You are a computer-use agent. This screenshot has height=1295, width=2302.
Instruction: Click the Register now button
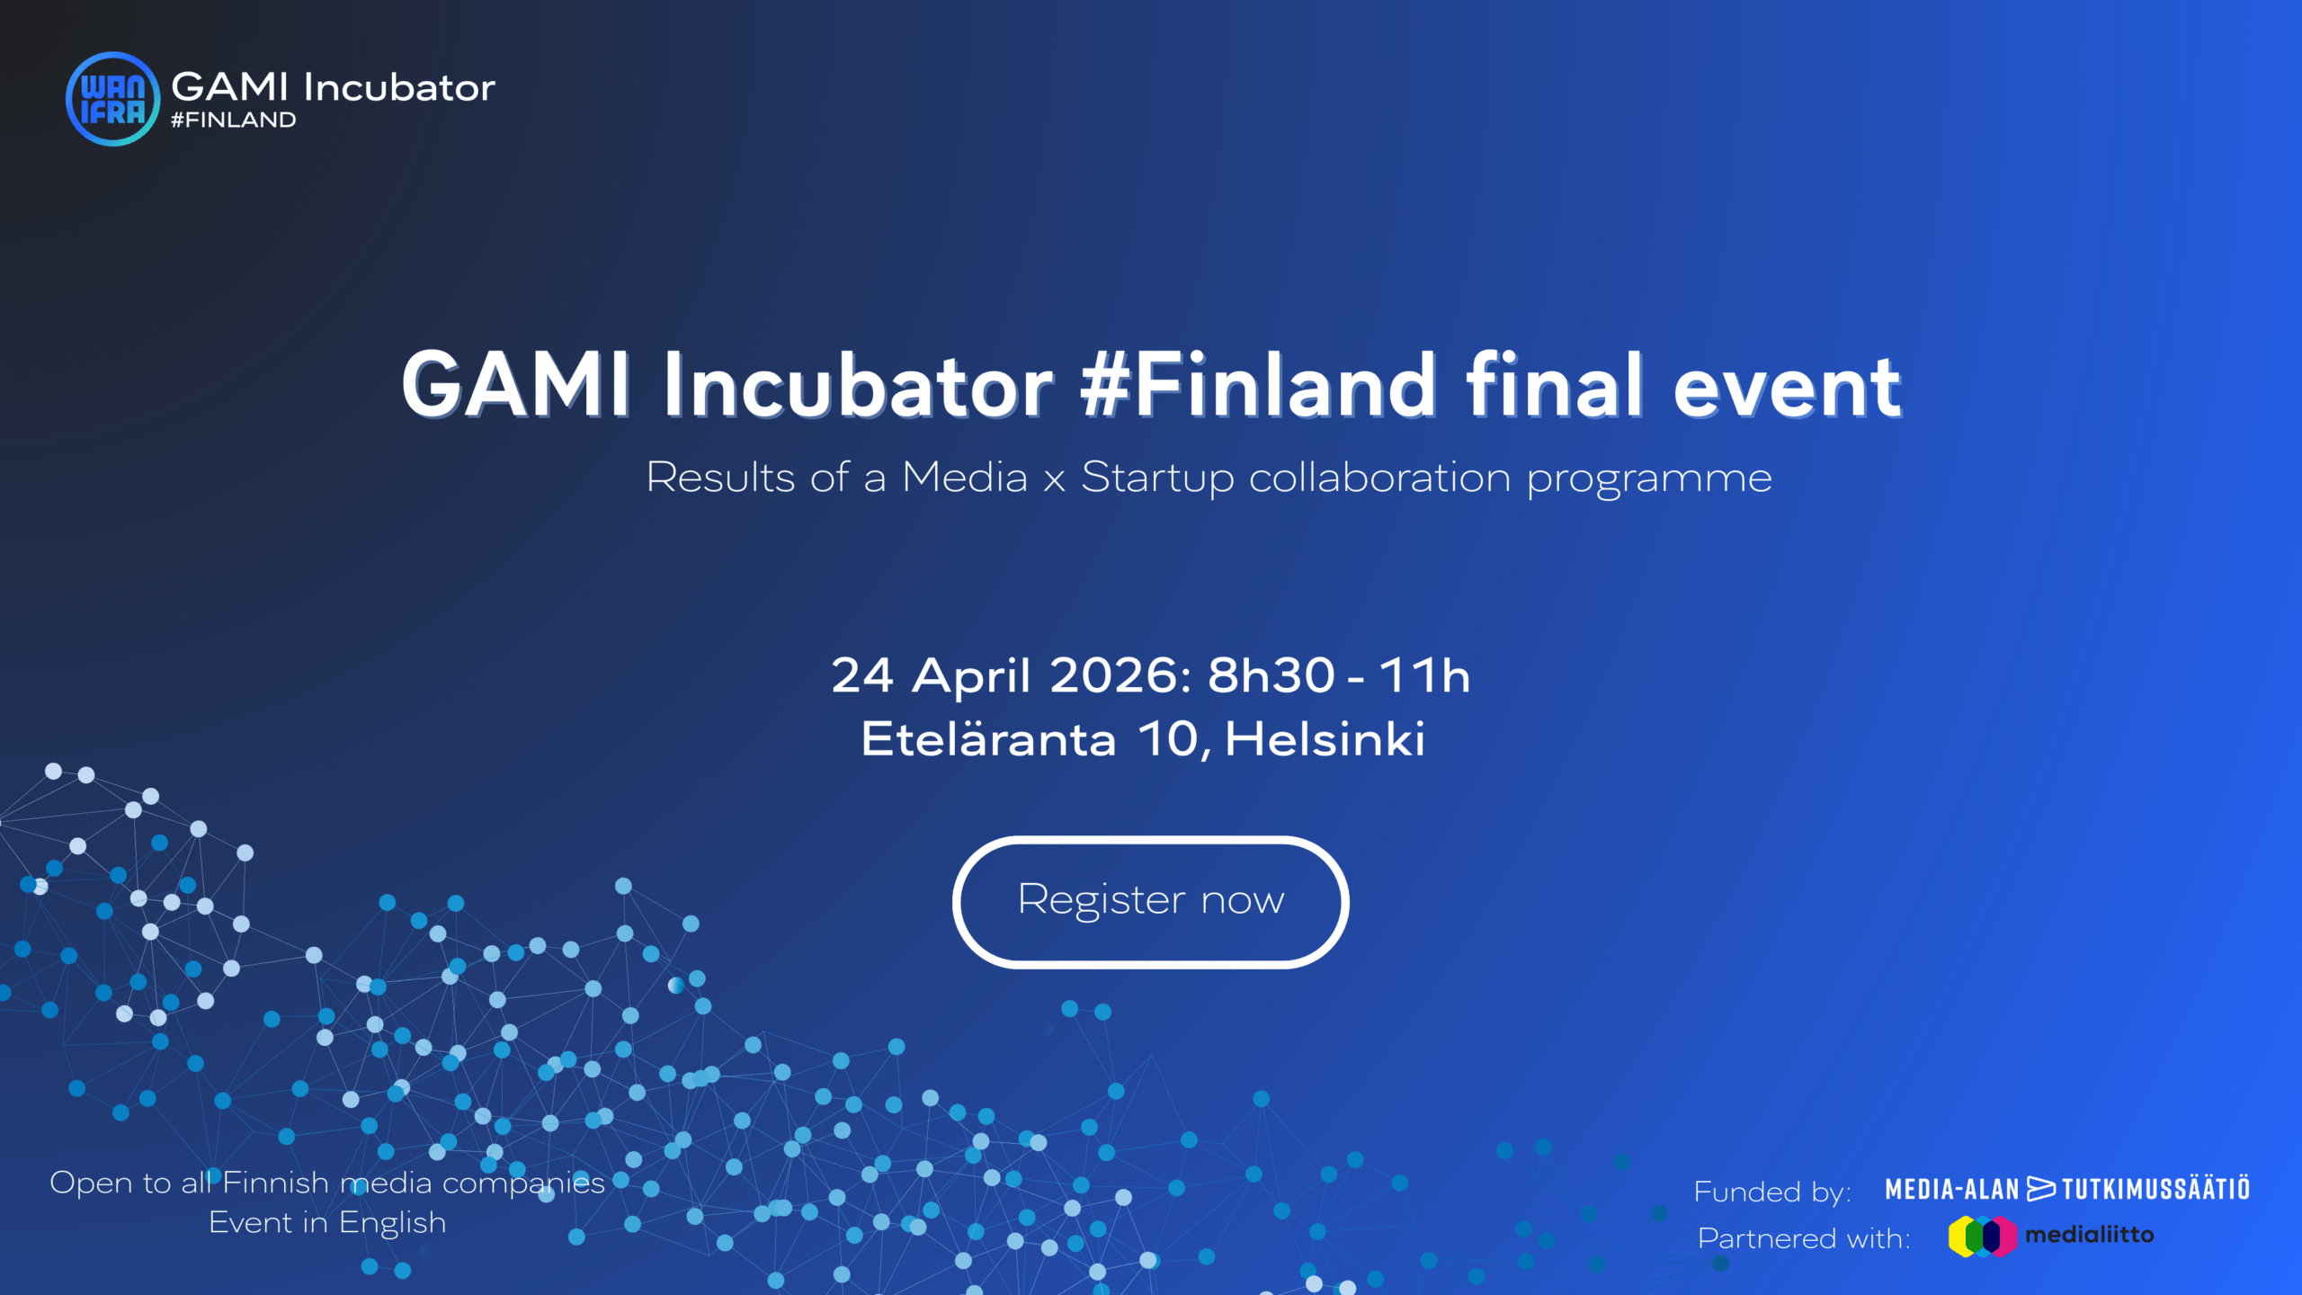click(x=1150, y=901)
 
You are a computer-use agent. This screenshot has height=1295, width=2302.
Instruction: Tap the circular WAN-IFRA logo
click(x=112, y=99)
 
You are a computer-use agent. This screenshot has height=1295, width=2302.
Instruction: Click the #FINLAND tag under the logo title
click(x=233, y=121)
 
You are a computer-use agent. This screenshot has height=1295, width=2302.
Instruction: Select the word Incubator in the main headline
click(x=858, y=387)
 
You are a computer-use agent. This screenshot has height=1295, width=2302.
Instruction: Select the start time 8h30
click(x=1271, y=675)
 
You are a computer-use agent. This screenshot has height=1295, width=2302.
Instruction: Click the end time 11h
click(x=1424, y=675)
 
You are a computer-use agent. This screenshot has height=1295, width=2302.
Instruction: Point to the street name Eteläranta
click(x=988, y=739)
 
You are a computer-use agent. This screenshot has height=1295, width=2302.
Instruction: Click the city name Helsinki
click(x=1325, y=739)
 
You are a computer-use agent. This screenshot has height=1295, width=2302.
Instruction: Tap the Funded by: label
click(x=1772, y=1192)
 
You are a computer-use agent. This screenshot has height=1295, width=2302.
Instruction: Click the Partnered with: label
click(x=1804, y=1238)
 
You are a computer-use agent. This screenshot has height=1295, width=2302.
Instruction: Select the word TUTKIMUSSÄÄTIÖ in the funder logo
click(x=2155, y=1189)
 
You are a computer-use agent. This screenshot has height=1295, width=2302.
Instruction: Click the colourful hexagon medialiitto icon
click(x=1982, y=1237)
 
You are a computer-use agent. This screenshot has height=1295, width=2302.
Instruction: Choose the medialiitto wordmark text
click(x=2089, y=1235)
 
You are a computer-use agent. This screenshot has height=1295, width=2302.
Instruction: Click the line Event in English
click(x=327, y=1224)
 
